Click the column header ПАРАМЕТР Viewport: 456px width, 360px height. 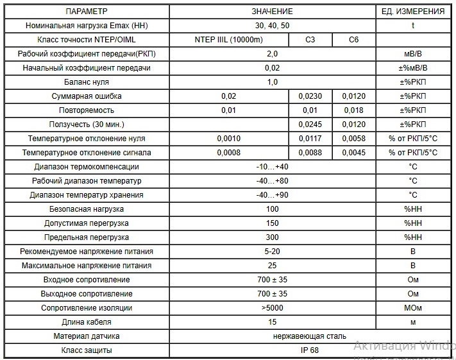86,12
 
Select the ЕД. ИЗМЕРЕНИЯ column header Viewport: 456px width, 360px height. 413,12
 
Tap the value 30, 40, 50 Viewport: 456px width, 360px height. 272,26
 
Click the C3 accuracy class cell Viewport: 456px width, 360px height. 310,40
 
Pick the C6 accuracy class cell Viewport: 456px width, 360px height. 353,40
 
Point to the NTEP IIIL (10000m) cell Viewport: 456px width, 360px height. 228,40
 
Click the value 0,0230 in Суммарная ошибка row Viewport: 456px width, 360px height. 310,96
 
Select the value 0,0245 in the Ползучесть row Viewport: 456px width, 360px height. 310,124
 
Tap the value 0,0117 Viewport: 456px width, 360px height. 310,139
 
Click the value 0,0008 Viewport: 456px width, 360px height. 228,153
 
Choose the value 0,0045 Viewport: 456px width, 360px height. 353,153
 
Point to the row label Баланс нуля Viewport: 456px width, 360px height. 86,82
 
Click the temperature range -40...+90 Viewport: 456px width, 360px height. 272,195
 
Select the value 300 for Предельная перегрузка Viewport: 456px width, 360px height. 272,237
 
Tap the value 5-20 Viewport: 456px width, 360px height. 272,252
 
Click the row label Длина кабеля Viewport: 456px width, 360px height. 86,322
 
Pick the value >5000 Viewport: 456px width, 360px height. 272,308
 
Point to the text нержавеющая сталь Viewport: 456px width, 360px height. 309,336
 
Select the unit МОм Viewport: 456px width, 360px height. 413,308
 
